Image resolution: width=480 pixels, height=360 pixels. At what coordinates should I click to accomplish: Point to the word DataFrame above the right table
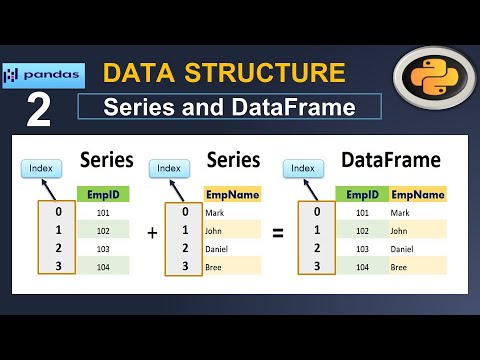tap(389, 160)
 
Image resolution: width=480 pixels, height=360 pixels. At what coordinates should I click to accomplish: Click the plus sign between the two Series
tap(153, 232)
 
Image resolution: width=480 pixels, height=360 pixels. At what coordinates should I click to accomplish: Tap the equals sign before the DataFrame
tap(279, 232)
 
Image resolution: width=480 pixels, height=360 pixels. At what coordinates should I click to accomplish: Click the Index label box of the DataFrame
tap(303, 169)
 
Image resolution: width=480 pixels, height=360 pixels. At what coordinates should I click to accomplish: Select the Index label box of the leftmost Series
tap(40, 169)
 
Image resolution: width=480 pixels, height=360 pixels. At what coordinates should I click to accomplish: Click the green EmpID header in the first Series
tap(103, 194)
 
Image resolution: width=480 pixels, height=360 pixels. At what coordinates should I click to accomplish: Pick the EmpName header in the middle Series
tap(232, 194)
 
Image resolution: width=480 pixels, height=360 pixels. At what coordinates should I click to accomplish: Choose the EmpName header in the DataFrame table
tap(417, 194)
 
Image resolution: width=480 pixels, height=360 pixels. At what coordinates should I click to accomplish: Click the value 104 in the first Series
tap(103, 266)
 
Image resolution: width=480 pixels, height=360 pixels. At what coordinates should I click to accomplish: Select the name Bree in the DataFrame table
tap(401, 266)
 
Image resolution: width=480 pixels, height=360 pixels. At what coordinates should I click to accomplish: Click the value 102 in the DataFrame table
tap(362, 230)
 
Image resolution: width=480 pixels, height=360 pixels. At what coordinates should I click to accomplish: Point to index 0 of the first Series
tap(59, 212)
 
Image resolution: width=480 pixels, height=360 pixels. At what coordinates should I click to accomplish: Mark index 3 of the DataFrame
tap(316, 266)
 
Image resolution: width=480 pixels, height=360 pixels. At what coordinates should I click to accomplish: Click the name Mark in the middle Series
tap(215, 212)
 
